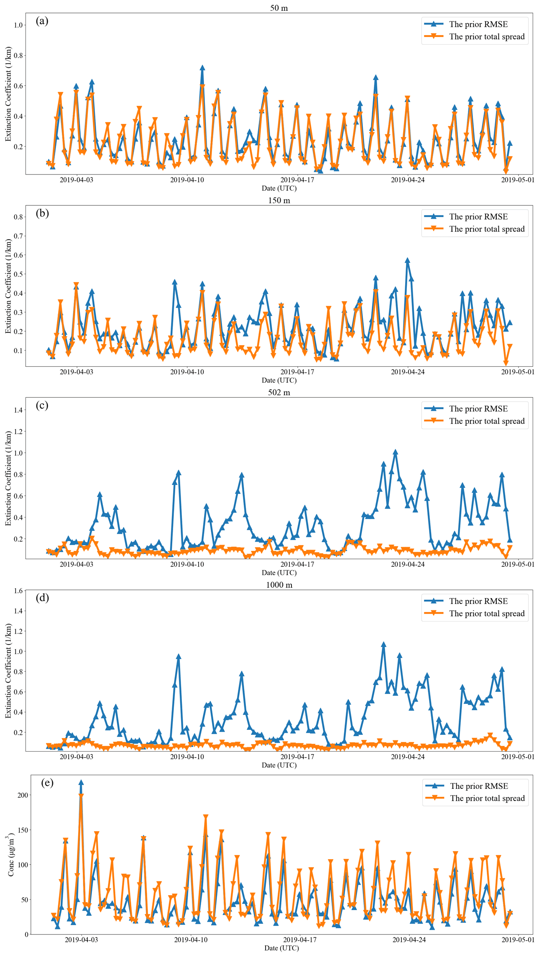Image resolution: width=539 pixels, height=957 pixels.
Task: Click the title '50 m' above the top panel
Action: [x=279, y=8]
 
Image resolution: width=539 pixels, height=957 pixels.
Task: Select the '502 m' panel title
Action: [x=279, y=392]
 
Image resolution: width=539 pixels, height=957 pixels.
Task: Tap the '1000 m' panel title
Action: [x=279, y=585]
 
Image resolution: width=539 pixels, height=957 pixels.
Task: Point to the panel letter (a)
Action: [x=42, y=21]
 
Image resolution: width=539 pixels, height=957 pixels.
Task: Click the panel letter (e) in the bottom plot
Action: [x=47, y=783]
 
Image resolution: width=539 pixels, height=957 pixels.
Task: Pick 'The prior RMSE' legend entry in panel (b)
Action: [x=478, y=217]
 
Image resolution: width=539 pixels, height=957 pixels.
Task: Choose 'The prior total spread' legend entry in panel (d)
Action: [x=486, y=614]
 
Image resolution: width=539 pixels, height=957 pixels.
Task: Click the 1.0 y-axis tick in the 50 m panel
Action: [x=18, y=25]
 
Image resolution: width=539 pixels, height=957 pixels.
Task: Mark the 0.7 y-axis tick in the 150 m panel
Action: [x=18, y=236]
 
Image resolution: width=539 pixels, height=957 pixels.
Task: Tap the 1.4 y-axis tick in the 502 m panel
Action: [x=18, y=410]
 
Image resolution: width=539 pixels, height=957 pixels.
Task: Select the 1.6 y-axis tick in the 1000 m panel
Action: [x=18, y=591]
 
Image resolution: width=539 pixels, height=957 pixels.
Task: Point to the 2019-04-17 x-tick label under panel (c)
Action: [x=297, y=564]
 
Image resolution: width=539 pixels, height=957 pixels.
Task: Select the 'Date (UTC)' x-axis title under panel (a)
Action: [x=279, y=188]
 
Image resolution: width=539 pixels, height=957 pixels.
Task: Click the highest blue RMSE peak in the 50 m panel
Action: [x=202, y=68]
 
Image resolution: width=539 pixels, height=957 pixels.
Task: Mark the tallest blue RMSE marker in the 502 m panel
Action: [x=395, y=452]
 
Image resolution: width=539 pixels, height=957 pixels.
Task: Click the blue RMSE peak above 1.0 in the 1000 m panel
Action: [x=383, y=645]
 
